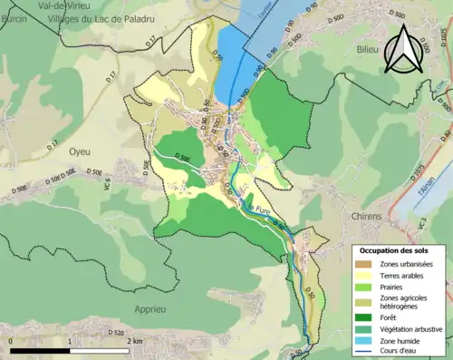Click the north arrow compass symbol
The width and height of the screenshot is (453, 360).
click(404, 49)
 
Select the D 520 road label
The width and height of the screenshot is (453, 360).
click(115, 333)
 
